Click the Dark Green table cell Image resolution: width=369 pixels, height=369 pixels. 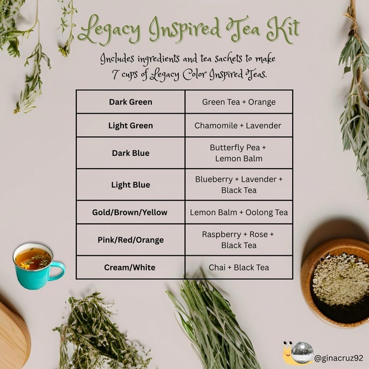click(130, 102)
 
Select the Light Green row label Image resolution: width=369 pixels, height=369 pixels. click(130, 125)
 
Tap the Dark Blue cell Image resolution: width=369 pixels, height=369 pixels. click(130, 153)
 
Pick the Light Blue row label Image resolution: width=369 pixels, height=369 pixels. click(130, 184)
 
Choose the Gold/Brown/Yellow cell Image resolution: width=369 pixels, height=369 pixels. click(130, 212)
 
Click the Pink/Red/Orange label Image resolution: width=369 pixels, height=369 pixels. click(130, 240)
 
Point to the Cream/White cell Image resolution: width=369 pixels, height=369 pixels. click(130, 267)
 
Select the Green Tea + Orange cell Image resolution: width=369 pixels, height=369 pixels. click(239, 102)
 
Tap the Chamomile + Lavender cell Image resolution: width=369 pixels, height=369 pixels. click(239, 125)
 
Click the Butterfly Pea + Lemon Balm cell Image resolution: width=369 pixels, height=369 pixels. click(239, 153)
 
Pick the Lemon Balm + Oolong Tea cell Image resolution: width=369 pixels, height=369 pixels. click(239, 212)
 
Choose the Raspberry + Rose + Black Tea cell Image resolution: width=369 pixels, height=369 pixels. click(239, 240)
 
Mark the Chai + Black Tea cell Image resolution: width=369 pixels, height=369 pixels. click(239, 267)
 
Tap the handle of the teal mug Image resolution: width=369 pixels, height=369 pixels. click(59, 271)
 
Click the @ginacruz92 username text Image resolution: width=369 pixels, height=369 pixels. click(338, 359)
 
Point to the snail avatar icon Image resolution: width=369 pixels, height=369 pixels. click(297, 353)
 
